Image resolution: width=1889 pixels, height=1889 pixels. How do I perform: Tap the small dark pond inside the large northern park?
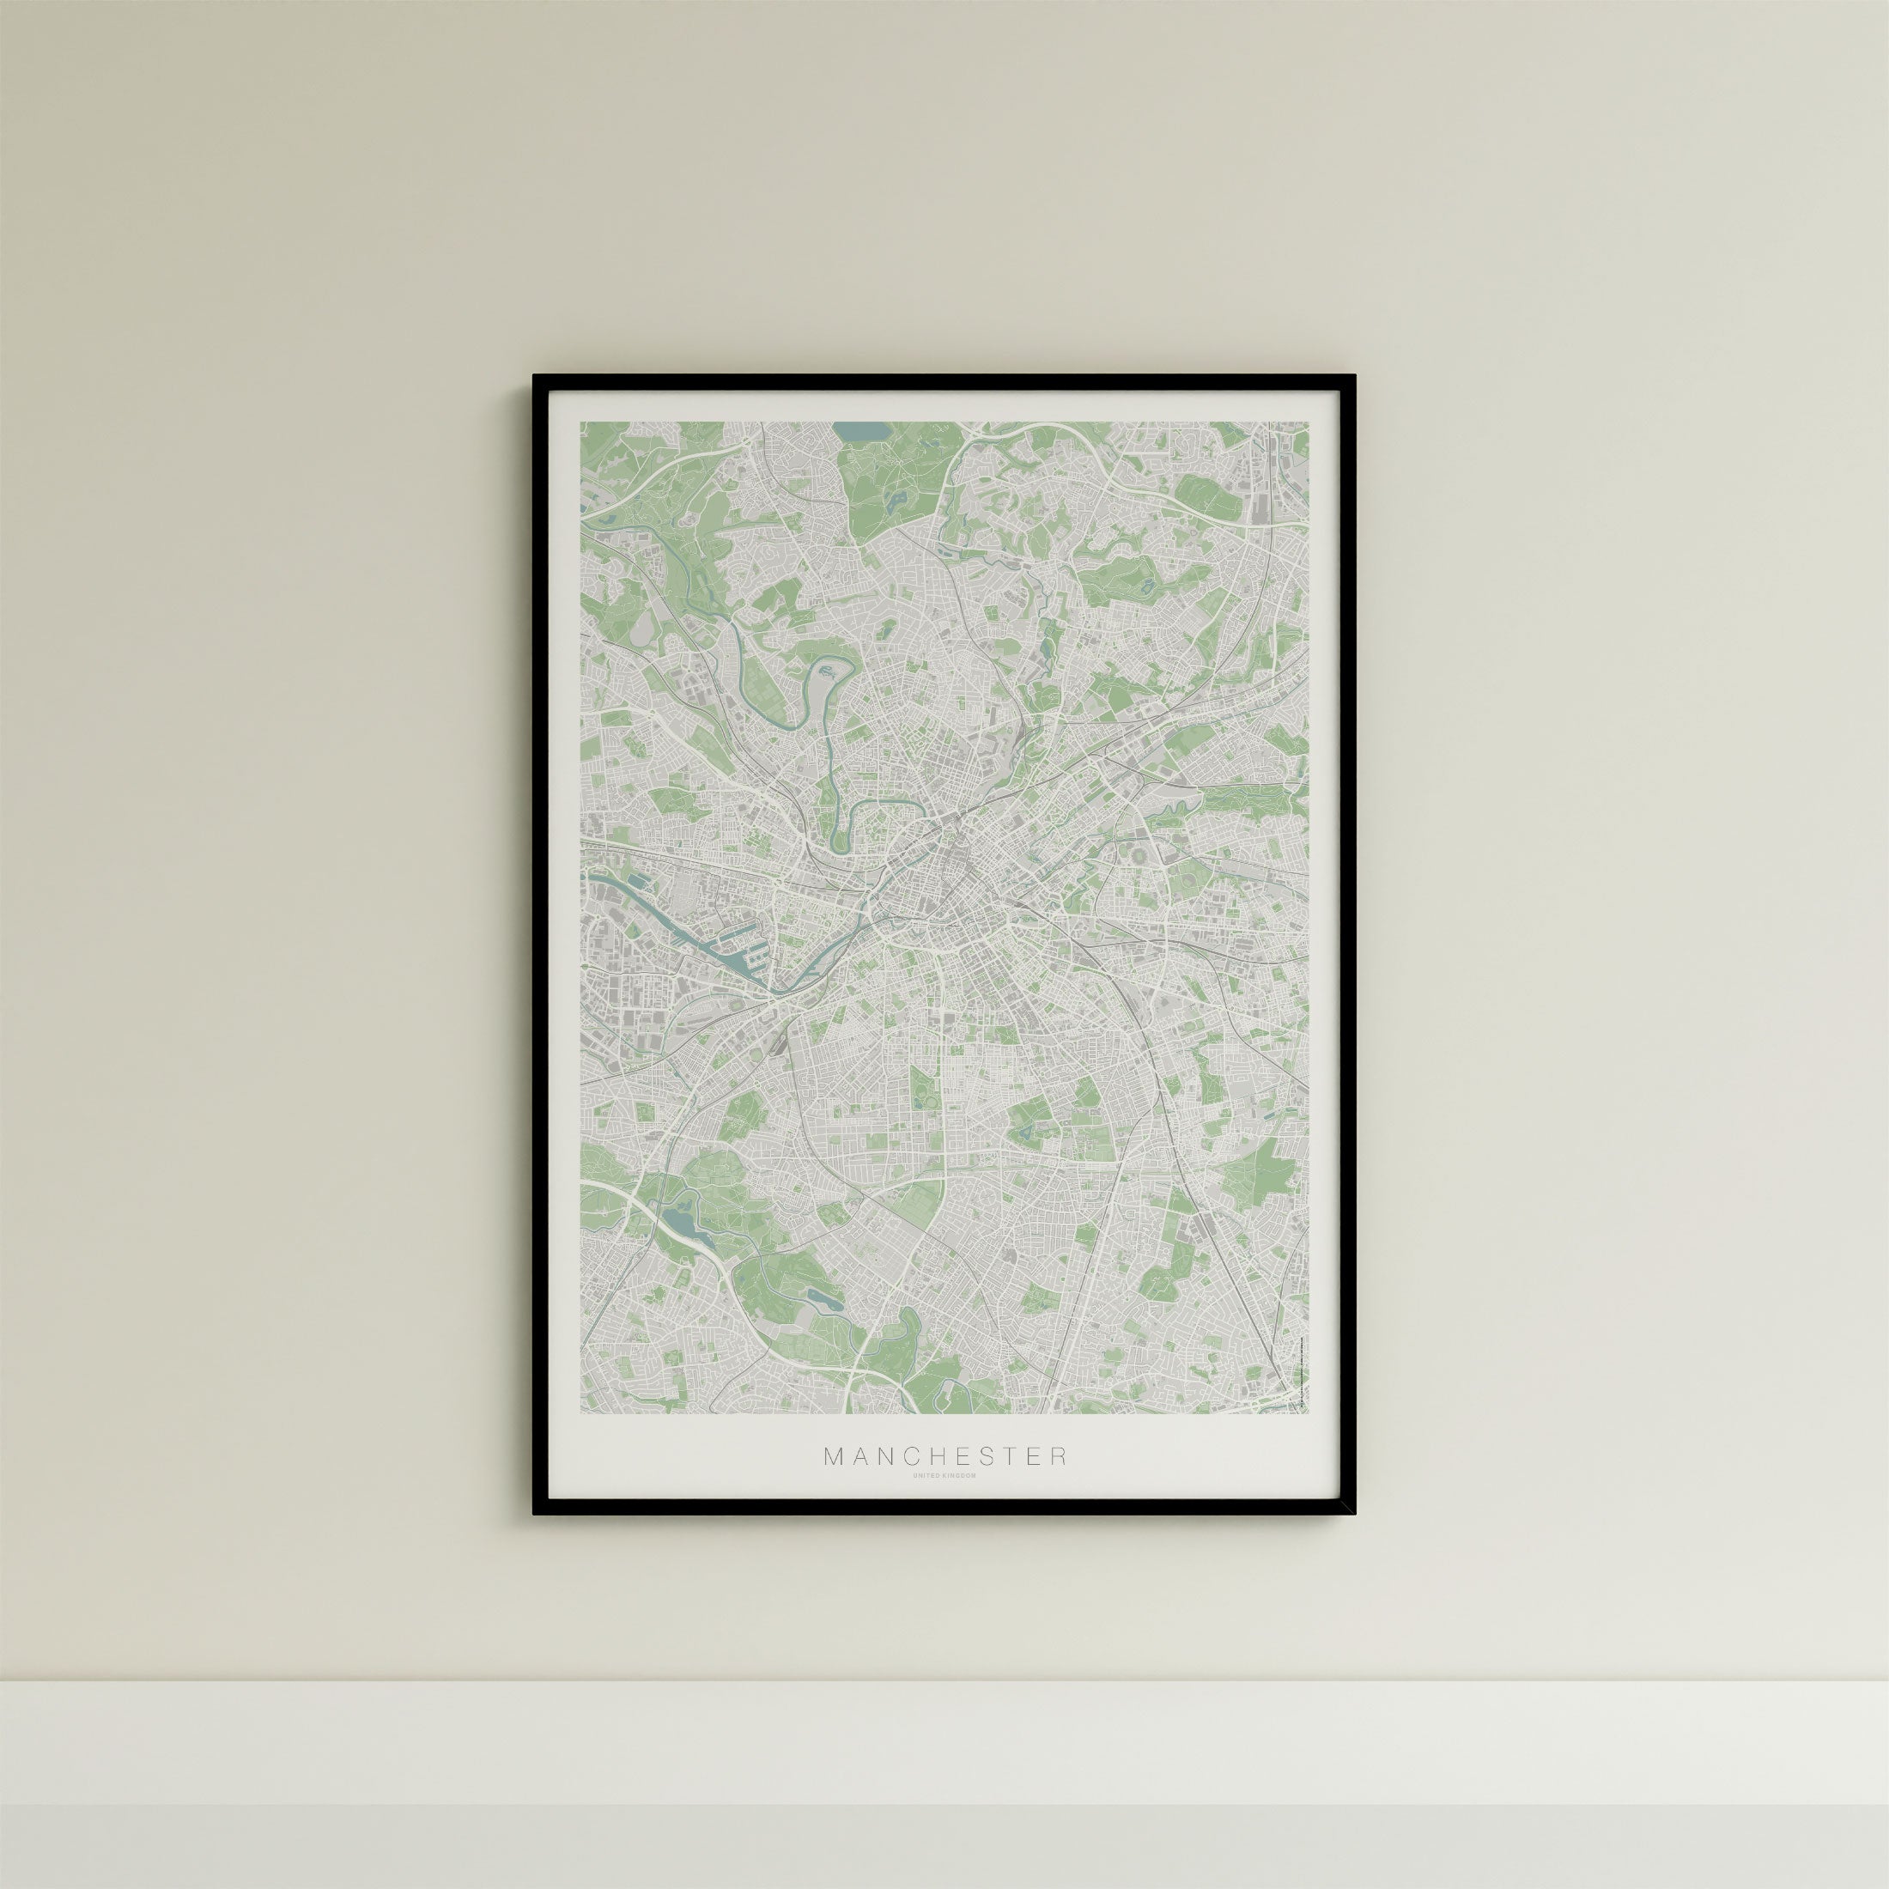[x=895, y=499]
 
